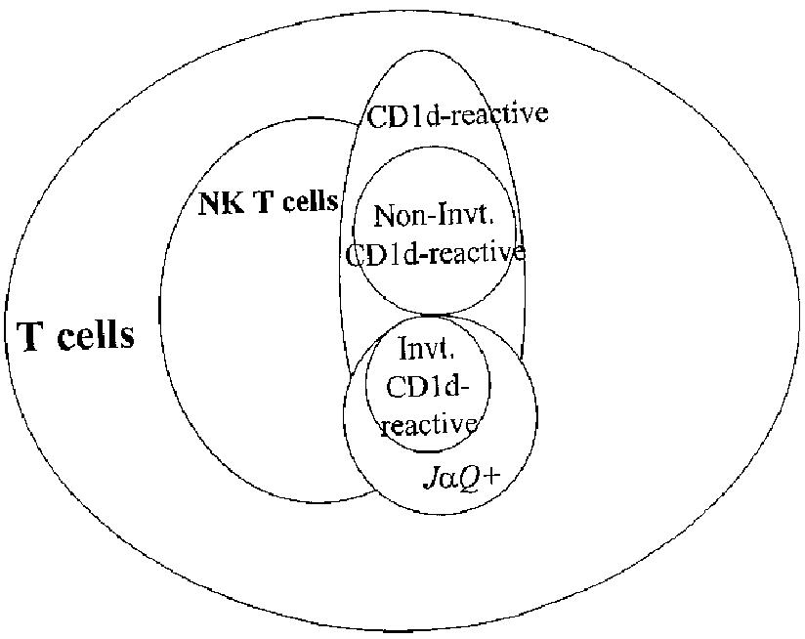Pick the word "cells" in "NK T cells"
tap(310, 202)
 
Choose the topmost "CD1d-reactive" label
tap(457, 114)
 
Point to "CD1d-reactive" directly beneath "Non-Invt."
tap(436, 254)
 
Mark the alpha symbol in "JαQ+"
tap(452, 480)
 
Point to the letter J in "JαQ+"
tap(435, 479)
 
